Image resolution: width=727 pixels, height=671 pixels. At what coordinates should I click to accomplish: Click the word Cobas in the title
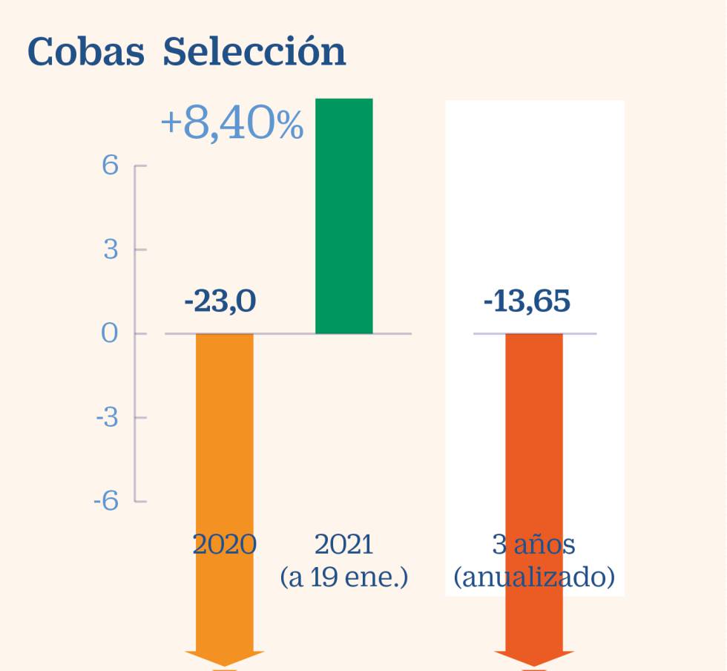tap(85, 52)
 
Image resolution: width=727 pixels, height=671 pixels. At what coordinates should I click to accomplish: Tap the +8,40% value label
tap(232, 125)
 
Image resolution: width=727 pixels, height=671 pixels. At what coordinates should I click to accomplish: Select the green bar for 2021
tap(344, 215)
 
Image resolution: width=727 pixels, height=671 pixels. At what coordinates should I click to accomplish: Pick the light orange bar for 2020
tap(225, 445)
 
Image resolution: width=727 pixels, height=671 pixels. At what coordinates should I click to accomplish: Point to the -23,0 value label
tap(220, 302)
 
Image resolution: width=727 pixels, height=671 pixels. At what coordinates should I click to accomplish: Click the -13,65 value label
tap(527, 302)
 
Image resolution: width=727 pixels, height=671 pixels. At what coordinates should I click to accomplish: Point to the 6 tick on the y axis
tap(110, 166)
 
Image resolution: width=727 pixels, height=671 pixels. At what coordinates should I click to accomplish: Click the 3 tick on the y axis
tap(111, 249)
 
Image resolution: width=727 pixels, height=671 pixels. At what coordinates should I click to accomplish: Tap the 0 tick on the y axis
tap(110, 333)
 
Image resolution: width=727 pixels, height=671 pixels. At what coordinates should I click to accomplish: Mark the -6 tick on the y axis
tap(106, 501)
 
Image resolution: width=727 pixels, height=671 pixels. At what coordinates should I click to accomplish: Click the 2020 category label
tap(225, 545)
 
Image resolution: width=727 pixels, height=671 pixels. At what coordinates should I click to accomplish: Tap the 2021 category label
tap(344, 545)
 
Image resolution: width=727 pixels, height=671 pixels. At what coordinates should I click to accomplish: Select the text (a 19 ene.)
tap(344, 577)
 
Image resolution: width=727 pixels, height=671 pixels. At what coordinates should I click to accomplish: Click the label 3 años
tap(534, 545)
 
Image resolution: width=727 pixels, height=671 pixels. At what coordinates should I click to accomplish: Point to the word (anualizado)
tap(534, 577)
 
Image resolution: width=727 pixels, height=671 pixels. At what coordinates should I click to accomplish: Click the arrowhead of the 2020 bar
tap(225, 659)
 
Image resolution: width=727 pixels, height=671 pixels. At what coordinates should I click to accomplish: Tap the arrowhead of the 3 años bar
tap(534, 659)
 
